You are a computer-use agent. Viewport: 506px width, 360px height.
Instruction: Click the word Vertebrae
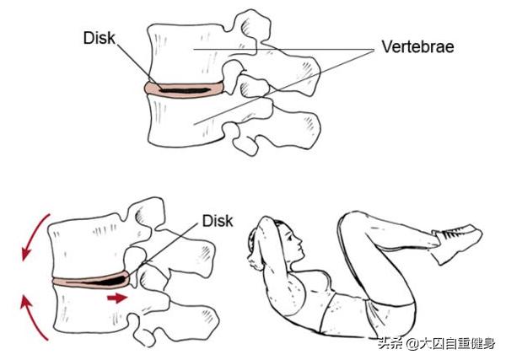pyautogui.click(x=417, y=46)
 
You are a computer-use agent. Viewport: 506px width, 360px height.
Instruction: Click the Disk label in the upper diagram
pyautogui.click(x=99, y=38)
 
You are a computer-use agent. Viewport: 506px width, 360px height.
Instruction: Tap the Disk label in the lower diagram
pyautogui.click(x=218, y=221)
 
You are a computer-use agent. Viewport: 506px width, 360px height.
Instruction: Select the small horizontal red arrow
pyautogui.click(x=117, y=298)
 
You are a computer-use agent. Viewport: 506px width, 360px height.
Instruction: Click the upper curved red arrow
pyautogui.click(x=33, y=235)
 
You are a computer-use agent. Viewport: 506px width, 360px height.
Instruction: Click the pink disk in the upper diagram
pyautogui.click(x=184, y=89)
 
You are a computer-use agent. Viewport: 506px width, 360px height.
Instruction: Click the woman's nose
pyautogui.click(x=299, y=240)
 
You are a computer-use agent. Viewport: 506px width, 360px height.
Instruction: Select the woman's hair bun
pyautogui.click(x=252, y=244)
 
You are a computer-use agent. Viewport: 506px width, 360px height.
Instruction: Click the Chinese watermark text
pyautogui.click(x=437, y=343)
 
